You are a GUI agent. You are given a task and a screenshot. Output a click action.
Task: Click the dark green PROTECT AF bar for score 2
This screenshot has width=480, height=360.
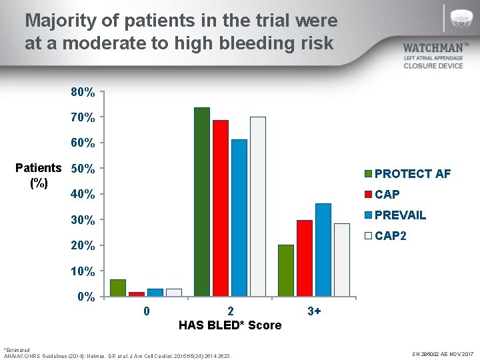pyautogui.click(x=202, y=201)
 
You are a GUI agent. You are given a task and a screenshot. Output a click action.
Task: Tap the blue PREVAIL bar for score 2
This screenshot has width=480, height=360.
pyautogui.click(x=239, y=217)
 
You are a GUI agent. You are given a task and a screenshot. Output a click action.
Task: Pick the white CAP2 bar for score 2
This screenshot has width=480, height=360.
pyautogui.click(x=258, y=206)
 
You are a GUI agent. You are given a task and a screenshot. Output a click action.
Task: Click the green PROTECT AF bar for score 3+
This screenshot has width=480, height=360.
pyautogui.click(x=286, y=270)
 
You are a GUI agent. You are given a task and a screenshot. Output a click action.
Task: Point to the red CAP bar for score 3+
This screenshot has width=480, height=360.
pyautogui.click(x=305, y=258)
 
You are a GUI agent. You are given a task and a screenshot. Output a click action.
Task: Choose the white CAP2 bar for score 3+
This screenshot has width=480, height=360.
pyautogui.click(x=342, y=259)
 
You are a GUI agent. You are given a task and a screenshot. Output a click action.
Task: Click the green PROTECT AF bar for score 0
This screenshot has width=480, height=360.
pyautogui.click(x=118, y=287)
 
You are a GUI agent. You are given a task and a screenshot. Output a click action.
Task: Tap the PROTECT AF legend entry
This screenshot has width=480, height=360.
pyautogui.click(x=407, y=174)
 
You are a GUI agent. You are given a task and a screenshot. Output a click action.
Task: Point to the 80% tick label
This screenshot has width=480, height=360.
pyautogui.click(x=83, y=92)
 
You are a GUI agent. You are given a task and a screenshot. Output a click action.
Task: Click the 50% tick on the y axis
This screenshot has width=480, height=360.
pyautogui.click(x=83, y=169)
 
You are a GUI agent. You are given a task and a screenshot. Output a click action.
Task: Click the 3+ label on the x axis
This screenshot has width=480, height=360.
pyautogui.click(x=314, y=311)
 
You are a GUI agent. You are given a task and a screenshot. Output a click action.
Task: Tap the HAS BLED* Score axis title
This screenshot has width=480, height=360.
pyautogui.click(x=230, y=325)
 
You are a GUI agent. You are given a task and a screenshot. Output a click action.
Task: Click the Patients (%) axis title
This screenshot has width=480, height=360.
pyautogui.click(x=38, y=175)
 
